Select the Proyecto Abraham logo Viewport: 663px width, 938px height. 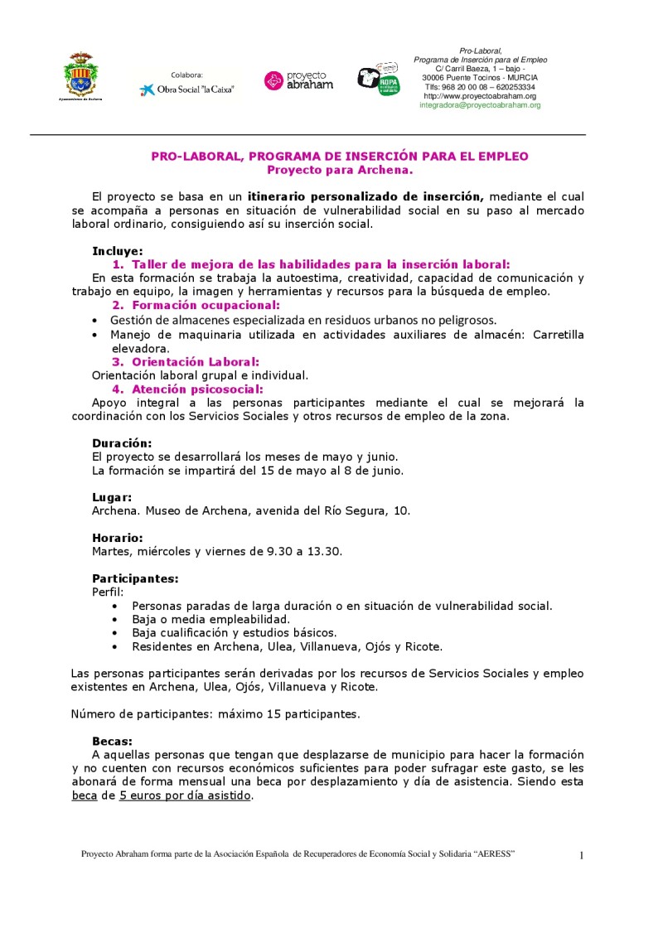pyautogui.click(x=298, y=80)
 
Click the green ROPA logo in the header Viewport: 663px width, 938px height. pyautogui.click(x=379, y=80)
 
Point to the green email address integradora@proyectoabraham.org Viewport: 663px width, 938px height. pyautogui.click(x=480, y=105)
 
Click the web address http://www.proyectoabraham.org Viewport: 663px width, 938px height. pyautogui.click(x=480, y=96)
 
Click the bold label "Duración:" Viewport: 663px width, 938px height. pyautogui.click(x=122, y=443)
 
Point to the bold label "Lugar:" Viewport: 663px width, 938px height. pyautogui.click(x=112, y=497)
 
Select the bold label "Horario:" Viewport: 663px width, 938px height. pyautogui.click(x=117, y=537)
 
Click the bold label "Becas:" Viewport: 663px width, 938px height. pyautogui.click(x=112, y=741)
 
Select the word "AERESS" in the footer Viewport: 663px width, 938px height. pyautogui.click(x=494, y=853)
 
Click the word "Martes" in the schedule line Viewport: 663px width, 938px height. pyautogui.click(x=110, y=551)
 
